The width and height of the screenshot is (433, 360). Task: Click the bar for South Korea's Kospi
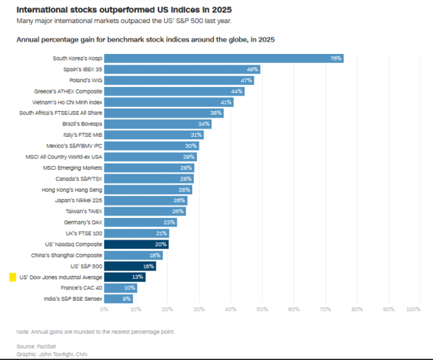tap(223, 58)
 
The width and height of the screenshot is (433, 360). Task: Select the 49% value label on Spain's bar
tap(252, 70)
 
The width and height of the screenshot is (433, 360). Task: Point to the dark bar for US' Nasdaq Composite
tap(136, 244)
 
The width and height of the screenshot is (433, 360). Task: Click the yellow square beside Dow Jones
tap(13, 277)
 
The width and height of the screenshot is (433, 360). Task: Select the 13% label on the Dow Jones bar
tap(138, 277)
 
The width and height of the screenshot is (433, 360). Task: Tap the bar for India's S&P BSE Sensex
tap(118, 299)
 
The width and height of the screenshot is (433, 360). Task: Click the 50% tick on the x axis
tap(262, 310)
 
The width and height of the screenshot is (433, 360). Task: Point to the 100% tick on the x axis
tap(413, 310)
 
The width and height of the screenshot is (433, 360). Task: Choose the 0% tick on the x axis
tap(104, 310)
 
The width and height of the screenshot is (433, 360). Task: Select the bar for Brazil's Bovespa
tap(158, 124)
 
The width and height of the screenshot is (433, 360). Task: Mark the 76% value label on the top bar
tap(336, 58)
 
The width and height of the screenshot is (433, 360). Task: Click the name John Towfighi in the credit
tap(58, 354)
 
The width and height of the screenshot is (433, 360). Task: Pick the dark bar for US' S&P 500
tap(130, 266)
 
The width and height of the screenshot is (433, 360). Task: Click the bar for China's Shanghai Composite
tap(133, 255)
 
